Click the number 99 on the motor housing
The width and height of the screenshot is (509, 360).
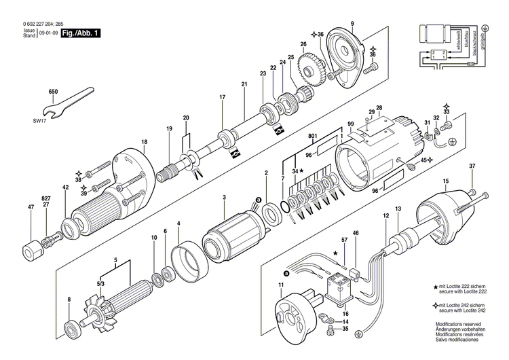tap(351, 124)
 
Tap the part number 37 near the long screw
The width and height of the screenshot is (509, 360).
tap(472, 166)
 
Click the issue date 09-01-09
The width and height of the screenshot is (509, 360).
tap(47, 33)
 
